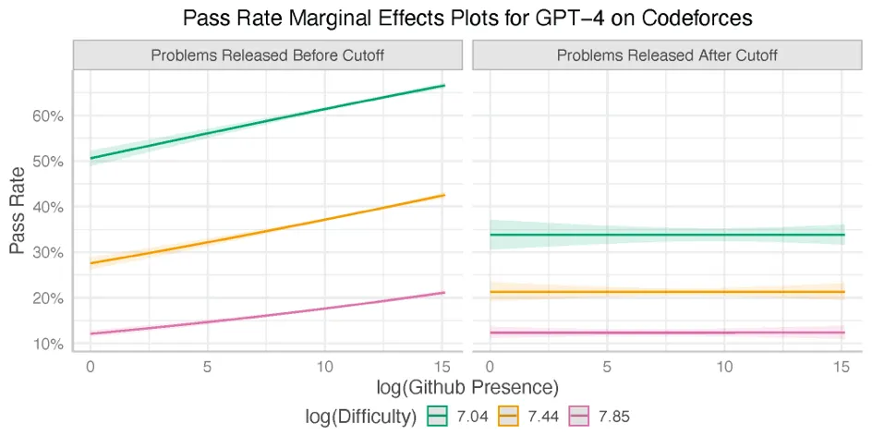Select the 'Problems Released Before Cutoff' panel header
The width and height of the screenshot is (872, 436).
268,55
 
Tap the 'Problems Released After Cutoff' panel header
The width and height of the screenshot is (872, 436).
667,55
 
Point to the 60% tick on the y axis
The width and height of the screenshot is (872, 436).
48,116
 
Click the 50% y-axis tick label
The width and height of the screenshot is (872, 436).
48,162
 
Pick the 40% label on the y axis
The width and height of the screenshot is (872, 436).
48,207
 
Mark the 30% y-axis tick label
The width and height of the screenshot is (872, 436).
48,253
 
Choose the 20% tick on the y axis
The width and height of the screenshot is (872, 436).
48,298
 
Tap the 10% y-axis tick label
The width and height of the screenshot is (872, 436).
48,344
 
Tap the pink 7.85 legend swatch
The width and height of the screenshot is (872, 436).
579,417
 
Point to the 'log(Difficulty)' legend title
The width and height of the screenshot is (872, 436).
360,417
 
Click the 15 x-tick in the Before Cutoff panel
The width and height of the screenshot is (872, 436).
444,366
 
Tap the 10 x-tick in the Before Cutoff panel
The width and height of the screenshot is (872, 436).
326,366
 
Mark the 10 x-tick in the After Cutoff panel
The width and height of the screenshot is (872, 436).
725,366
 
